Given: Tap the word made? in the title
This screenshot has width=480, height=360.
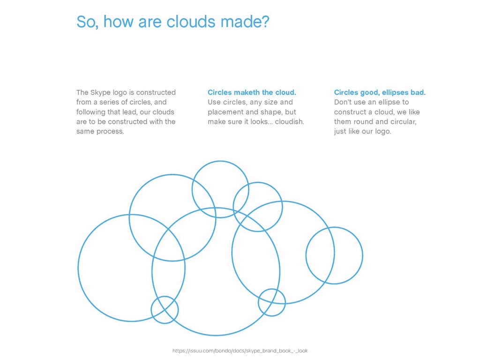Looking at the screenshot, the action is (x=245, y=22).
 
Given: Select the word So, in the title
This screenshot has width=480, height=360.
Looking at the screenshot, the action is (x=88, y=22).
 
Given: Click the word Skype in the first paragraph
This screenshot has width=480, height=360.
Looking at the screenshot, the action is (x=100, y=93).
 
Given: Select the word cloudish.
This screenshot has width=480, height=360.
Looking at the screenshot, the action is (x=289, y=122).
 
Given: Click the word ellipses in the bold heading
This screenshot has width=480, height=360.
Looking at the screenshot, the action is (x=396, y=93).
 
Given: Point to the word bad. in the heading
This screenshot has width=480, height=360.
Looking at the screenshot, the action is (x=419, y=92).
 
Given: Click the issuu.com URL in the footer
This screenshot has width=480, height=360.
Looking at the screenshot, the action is (x=240, y=351).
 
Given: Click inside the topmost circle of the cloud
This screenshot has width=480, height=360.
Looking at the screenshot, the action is (x=220, y=161).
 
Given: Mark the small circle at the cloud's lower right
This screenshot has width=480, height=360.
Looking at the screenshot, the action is (x=272, y=289).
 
